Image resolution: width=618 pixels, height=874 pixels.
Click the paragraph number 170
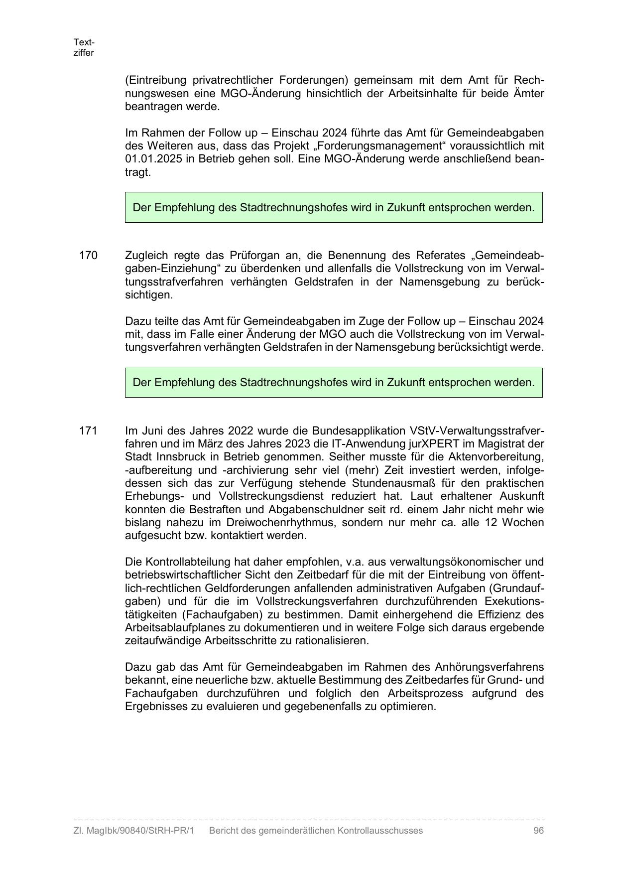coord(88,256)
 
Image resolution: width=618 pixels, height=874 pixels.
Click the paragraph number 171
coord(88,431)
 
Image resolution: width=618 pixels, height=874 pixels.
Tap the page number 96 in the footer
coord(538,831)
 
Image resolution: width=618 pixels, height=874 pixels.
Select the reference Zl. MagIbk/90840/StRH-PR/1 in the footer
coord(133,831)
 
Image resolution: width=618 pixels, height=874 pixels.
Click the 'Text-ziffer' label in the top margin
coord(84,47)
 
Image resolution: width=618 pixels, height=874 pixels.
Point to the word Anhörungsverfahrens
coord(489,667)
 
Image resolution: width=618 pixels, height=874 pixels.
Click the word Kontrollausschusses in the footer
coord(380,831)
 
